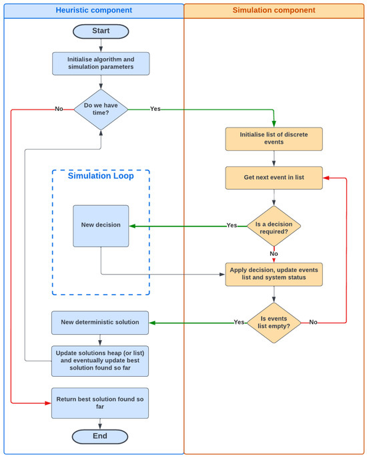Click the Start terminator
[x=101, y=31]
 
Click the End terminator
[x=101, y=436]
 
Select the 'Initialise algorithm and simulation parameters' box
[x=101, y=63]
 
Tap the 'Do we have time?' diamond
[x=101, y=108]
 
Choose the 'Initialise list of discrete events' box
[x=274, y=139]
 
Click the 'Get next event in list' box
[x=274, y=178]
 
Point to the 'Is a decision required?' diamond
[x=274, y=226]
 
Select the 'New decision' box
[x=101, y=226]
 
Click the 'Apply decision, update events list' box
[x=274, y=274]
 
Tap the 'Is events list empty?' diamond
[x=274, y=323]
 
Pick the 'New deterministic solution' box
[x=100, y=323]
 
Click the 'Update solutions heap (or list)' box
[x=100, y=361]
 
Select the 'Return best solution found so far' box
[x=100, y=403]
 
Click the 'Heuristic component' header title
[x=93, y=11]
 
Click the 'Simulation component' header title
[x=274, y=11]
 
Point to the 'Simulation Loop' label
[x=101, y=176]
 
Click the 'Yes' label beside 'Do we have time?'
[x=155, y=108]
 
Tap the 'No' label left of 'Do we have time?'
[x=59, y=108]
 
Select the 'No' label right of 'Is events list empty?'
[x=314, y=323]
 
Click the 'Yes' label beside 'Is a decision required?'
[x=232, y=226]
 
